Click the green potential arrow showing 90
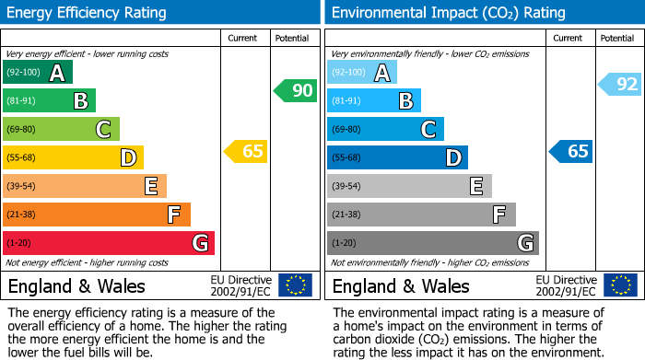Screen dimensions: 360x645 pyautogui.click(x=295, y=90)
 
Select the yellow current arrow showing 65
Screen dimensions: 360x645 pyautogui.click(x=247, y=151)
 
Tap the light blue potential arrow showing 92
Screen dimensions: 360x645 pyautogui.click(x=619, y=85)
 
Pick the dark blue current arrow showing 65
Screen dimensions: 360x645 pyautogui.click(x=571, y=151)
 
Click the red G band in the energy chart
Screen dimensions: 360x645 pyautogui.click(x=109, y=243)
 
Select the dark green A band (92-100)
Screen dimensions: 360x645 pyautogui.click(x=38, y=73)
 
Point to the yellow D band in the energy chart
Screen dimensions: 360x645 pyautogui.click(x=73, y=157)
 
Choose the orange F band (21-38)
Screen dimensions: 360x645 pyautogui.click(x=97, y=215)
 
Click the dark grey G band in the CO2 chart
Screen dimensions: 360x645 pyautogui.click(x=433, y=243)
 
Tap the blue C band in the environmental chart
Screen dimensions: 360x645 pyautogui.click(x=385, y=129)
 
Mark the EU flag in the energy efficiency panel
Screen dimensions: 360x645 pyautogui.click(x=295, y=285)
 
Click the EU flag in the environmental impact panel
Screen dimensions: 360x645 pyautogui.click(x=619, y=285)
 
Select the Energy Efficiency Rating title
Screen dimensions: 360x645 pyautogui.click(x=88, y=13)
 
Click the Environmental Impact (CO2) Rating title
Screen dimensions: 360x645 pyautogui.click(x=448, y=13)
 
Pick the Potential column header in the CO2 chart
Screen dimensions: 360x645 pyautogui.click(x=617, y=38)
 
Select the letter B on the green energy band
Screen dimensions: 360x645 pyautogui.click(x=80, y=101)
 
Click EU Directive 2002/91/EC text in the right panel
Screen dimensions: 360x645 pyautogui.click(x=565, y=285)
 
